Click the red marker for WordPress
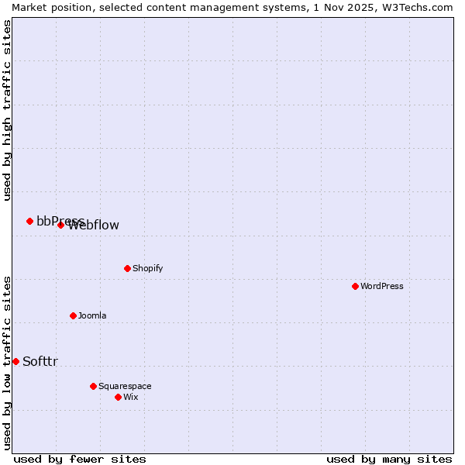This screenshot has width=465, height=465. pyautogui.click(x=355, y=286)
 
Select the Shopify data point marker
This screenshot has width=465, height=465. pyautogui.click(x=127, y=268)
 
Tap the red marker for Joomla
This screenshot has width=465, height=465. pyautogui.click(x=73, y=315)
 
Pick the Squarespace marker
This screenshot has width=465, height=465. pyautogui.click(x=93, y=386)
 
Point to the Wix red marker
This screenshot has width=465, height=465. pyautogui.click(x=118, y=397)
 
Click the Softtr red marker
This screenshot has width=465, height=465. pyautogui.click(x=15, y=361)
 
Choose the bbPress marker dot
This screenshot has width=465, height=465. pyautogui.click(x=29, y=221)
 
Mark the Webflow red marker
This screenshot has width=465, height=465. pyautogui.click(x=60, y=225)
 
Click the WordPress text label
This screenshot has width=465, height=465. pyautogui.click(x=382, y=286)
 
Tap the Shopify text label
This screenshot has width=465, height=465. pyautogui.click(x=147, y=268)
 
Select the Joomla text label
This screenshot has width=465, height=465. pyautogui.click(x=92, y=315)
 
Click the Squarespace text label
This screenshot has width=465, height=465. pyautogui.click(x=125, y=386)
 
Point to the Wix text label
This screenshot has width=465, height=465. pyautogui.click(x=130, y=397)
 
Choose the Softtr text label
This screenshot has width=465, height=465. pyautogui.click(x=40, y=361)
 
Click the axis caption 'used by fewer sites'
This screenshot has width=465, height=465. pyautogui.click(x=80, y=459)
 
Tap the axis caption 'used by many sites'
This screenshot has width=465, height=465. pyautogui.click(x=389, y=459)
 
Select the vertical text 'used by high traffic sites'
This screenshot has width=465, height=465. pyautogui.click(x=7, y=110)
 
